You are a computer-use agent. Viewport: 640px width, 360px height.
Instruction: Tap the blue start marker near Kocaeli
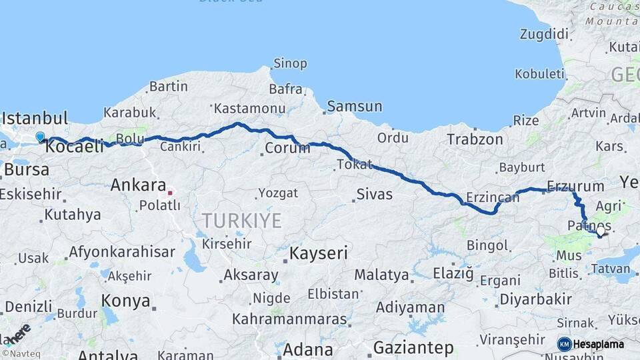[40, 137]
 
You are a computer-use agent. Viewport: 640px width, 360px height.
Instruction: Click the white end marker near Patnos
[600, 233]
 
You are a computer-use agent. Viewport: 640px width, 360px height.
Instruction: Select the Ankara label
[139, 184]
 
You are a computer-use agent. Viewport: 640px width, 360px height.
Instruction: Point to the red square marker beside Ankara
[170, 193]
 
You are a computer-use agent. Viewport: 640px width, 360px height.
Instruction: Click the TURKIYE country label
[242, 221]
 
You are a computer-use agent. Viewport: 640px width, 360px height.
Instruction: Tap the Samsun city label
[354, 106]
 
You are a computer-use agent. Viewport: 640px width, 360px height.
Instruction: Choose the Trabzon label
[475, 139]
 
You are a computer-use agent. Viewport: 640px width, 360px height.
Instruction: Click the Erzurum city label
[575, 186]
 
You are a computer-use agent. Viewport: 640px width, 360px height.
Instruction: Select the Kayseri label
[319, 253]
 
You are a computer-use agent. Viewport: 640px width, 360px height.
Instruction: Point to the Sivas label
[374, 195]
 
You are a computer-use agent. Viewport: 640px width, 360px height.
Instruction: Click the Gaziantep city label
[413, 347]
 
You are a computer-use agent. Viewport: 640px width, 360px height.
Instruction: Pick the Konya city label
[125, 301]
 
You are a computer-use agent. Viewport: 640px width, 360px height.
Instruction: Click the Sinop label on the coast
[290, 64]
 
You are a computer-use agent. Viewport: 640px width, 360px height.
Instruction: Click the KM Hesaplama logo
[591, 344]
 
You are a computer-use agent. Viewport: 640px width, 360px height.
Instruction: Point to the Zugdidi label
[545, 34]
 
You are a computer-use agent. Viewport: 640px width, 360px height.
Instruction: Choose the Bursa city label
[26, 169]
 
